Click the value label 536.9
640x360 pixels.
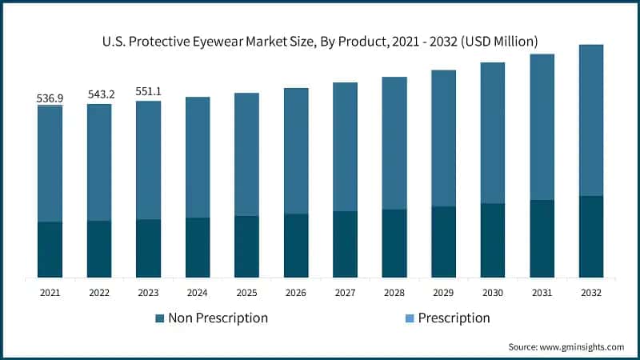(x=50, y=98)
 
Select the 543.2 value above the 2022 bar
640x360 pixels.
(x=99, y=94)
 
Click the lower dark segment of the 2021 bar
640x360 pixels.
(x=50, y=250)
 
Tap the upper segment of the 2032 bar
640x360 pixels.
(x=590, y=120)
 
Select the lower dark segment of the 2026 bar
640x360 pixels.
(x=296, y=246)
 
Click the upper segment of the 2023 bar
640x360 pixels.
(x=148, y=160)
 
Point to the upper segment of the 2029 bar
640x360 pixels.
(x=443, y=138)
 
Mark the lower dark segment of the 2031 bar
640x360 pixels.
(x=542, y=238)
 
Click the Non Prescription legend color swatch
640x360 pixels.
(x=158, y=318)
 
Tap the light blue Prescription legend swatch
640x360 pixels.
(x=409, y=318)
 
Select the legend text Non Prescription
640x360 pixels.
(x=218, y=318)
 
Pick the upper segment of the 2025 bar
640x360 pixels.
(x=246, y=154)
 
